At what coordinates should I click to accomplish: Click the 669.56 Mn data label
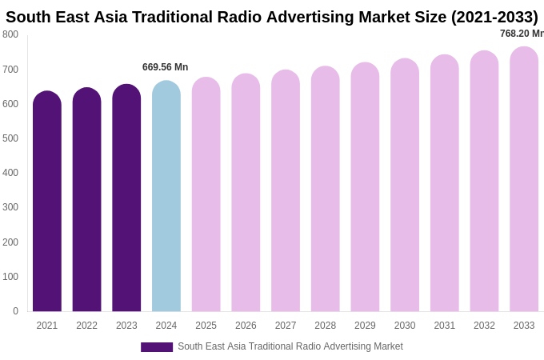pyautogui.click(x=165, y=67)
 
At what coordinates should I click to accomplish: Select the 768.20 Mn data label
pyautogui.click(x=522, y=34)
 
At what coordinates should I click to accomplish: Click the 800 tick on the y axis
pyautogui.click(x=10, y=34)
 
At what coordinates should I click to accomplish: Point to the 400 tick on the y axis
pyautogui.click(x=10, y=173)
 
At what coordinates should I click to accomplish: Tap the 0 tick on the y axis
pyautogui.click(x=15, y=311)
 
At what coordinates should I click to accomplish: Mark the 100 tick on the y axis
pyautogui.click(x=10, y=277)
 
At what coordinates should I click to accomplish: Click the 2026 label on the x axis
pyautogui.click(x=246, y=326)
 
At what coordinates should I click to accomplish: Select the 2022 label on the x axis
pyautogui.click(x=86, y=326)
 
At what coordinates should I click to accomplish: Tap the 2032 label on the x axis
pyautogui.click(x=484, y=326)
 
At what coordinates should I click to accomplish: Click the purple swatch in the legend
pyautogui.click(x=157, y=347)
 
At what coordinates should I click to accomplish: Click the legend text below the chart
pyautogui.click(x=290, y=346)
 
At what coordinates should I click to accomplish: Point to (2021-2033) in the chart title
pyautogui.click(x=494, y=17)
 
